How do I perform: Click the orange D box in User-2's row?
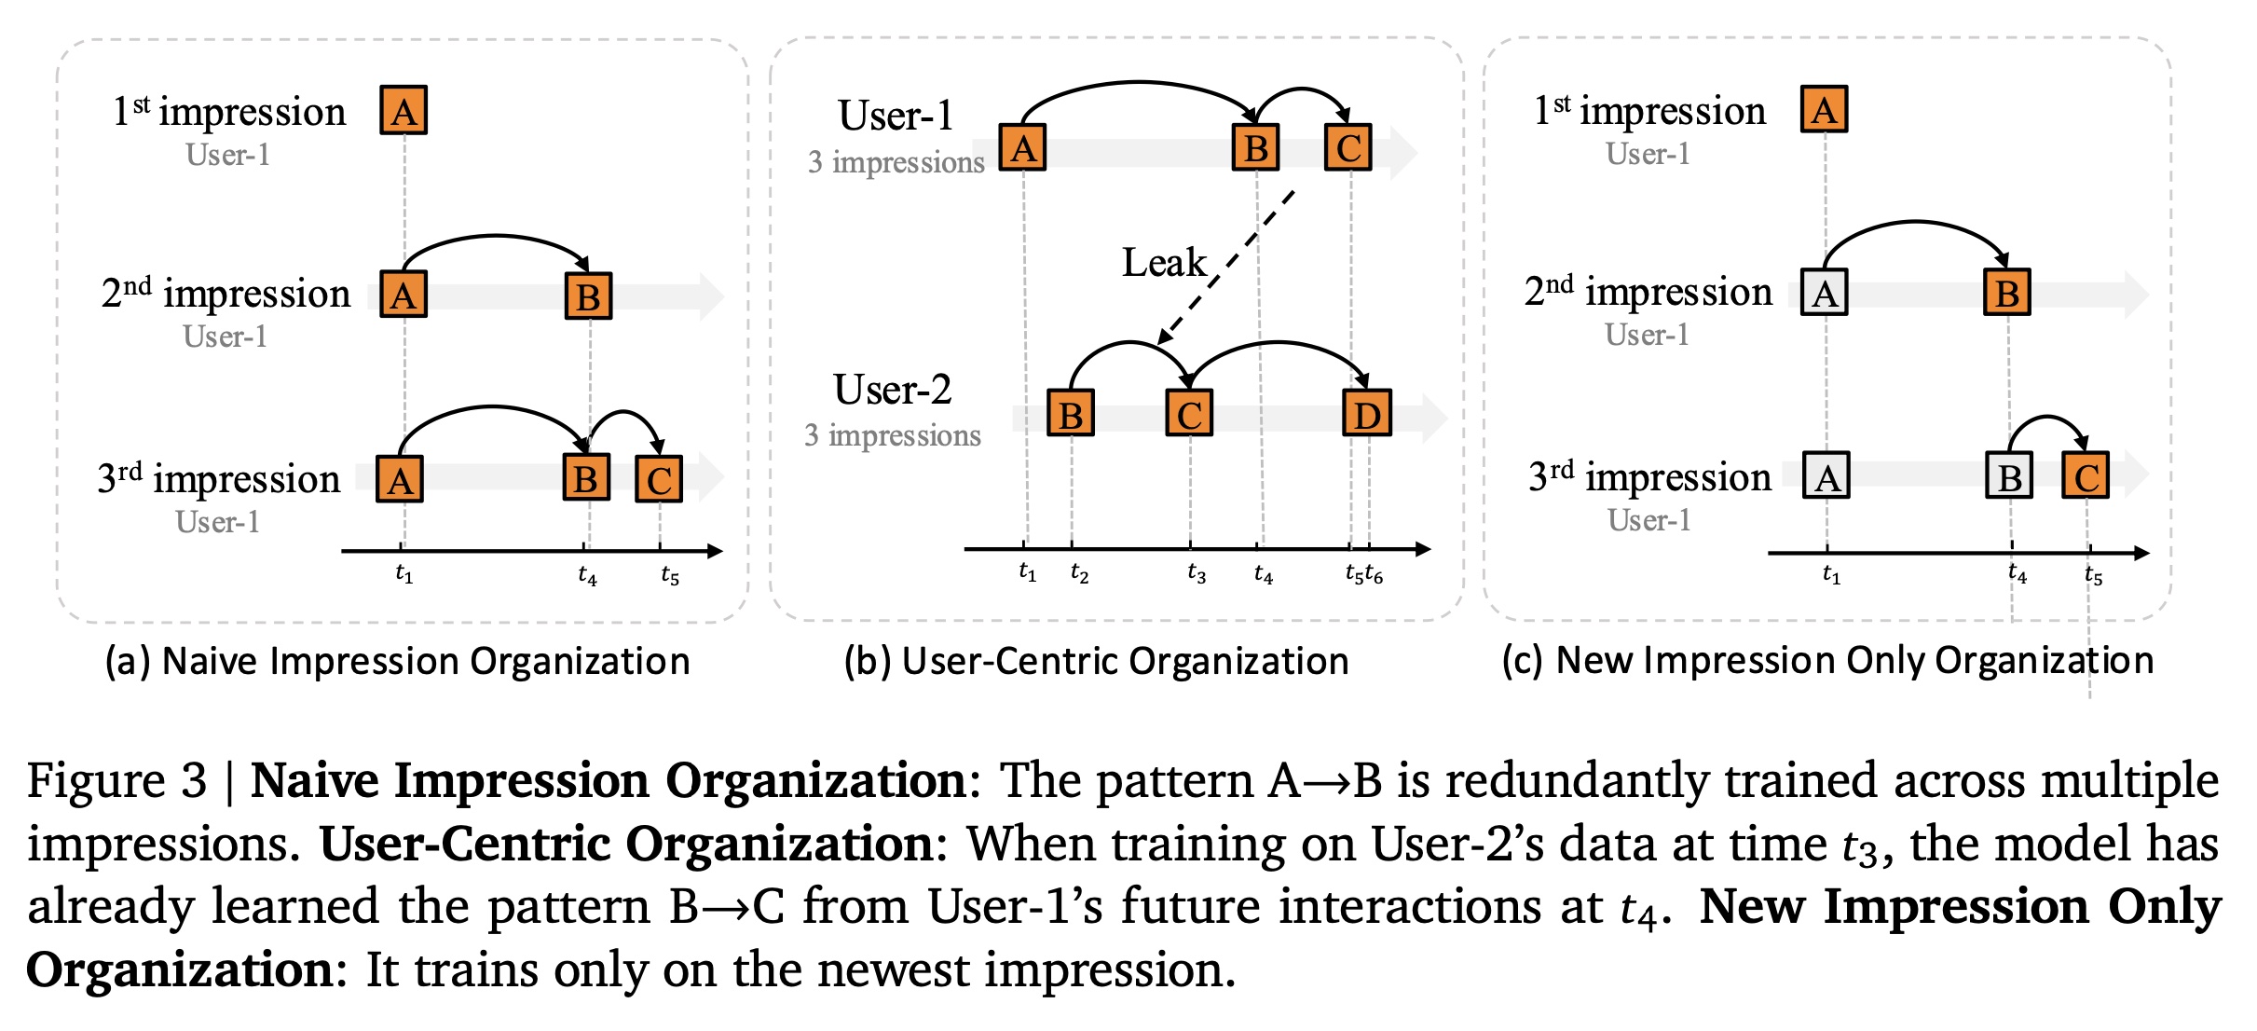coord(1366,414)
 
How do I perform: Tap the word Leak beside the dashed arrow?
coord(1163,263)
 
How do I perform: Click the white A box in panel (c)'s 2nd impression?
coord(1824,295)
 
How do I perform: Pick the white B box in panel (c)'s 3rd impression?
coord(2009,478)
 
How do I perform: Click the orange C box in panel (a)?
coord(659,480)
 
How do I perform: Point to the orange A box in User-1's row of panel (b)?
coord(1022,148)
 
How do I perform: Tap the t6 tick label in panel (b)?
coord(1375,575)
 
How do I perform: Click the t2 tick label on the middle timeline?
coord(1079,573)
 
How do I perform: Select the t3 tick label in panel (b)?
coord(1197,574)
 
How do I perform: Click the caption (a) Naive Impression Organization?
coord(398,662)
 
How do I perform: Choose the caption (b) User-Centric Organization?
coord(1096,662)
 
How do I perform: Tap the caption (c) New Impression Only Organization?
coord(1827,661)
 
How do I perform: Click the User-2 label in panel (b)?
coord(892,390)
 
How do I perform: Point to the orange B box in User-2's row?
coord(1071,414)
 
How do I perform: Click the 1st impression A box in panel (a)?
coord(404,111)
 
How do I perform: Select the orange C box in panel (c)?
coord(2086,477)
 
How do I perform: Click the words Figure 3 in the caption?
coord(116,781)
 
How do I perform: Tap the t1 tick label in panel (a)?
coord(404,574)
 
